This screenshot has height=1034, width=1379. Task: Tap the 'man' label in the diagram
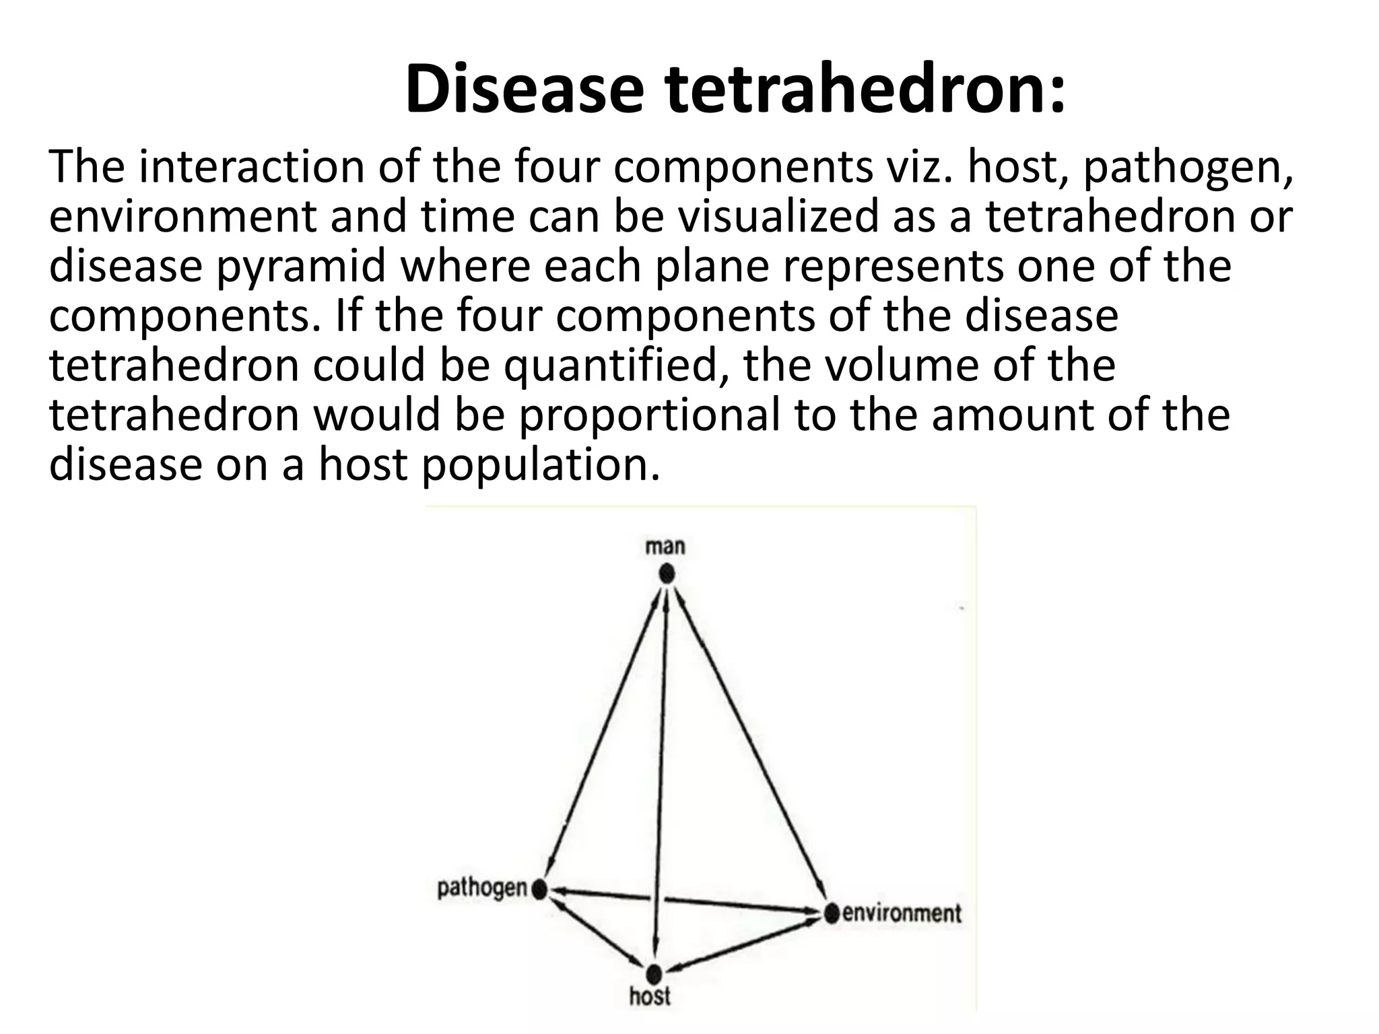coord(665,546)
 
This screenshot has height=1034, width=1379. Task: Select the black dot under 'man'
coord(667,574)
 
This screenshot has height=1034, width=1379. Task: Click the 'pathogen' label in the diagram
coord(481,889)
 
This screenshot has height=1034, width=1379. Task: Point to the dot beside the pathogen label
coord(539,890)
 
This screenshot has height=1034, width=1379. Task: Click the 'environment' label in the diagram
coord(902,914)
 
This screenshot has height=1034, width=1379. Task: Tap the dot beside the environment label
coord(832,914)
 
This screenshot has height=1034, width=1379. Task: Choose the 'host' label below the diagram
coord(650,996)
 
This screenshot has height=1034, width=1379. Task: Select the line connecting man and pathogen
coord(603,734)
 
